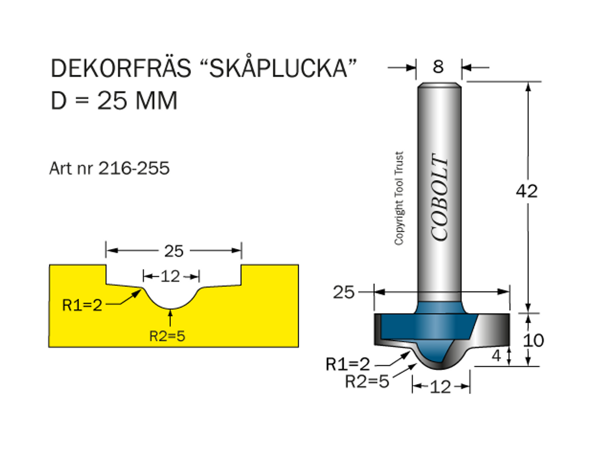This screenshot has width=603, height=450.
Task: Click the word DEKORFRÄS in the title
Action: point(121,69)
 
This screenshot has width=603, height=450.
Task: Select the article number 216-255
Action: point(134,169)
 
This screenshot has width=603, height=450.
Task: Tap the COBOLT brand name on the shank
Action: point(440,197)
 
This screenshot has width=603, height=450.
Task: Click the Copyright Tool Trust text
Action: point(399,198)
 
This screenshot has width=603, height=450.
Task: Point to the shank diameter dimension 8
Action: point(438,67)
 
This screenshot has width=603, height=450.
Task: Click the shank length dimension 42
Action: point(526,191)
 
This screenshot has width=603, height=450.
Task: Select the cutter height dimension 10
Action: point(534,340)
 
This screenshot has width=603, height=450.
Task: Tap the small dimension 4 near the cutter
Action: point(497,355)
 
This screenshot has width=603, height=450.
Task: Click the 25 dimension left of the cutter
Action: point(344,292)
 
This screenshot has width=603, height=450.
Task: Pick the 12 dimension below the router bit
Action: point(440,387)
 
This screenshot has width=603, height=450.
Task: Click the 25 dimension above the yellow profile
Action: point(174,251)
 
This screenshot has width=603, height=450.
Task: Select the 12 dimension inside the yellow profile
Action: point(171,276)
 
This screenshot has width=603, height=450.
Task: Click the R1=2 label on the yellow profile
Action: point(82,305)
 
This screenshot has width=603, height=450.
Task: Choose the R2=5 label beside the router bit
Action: point(367,382)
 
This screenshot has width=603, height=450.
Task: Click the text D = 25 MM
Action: point(114,101)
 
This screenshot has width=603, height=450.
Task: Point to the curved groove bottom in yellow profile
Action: point(171,305)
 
